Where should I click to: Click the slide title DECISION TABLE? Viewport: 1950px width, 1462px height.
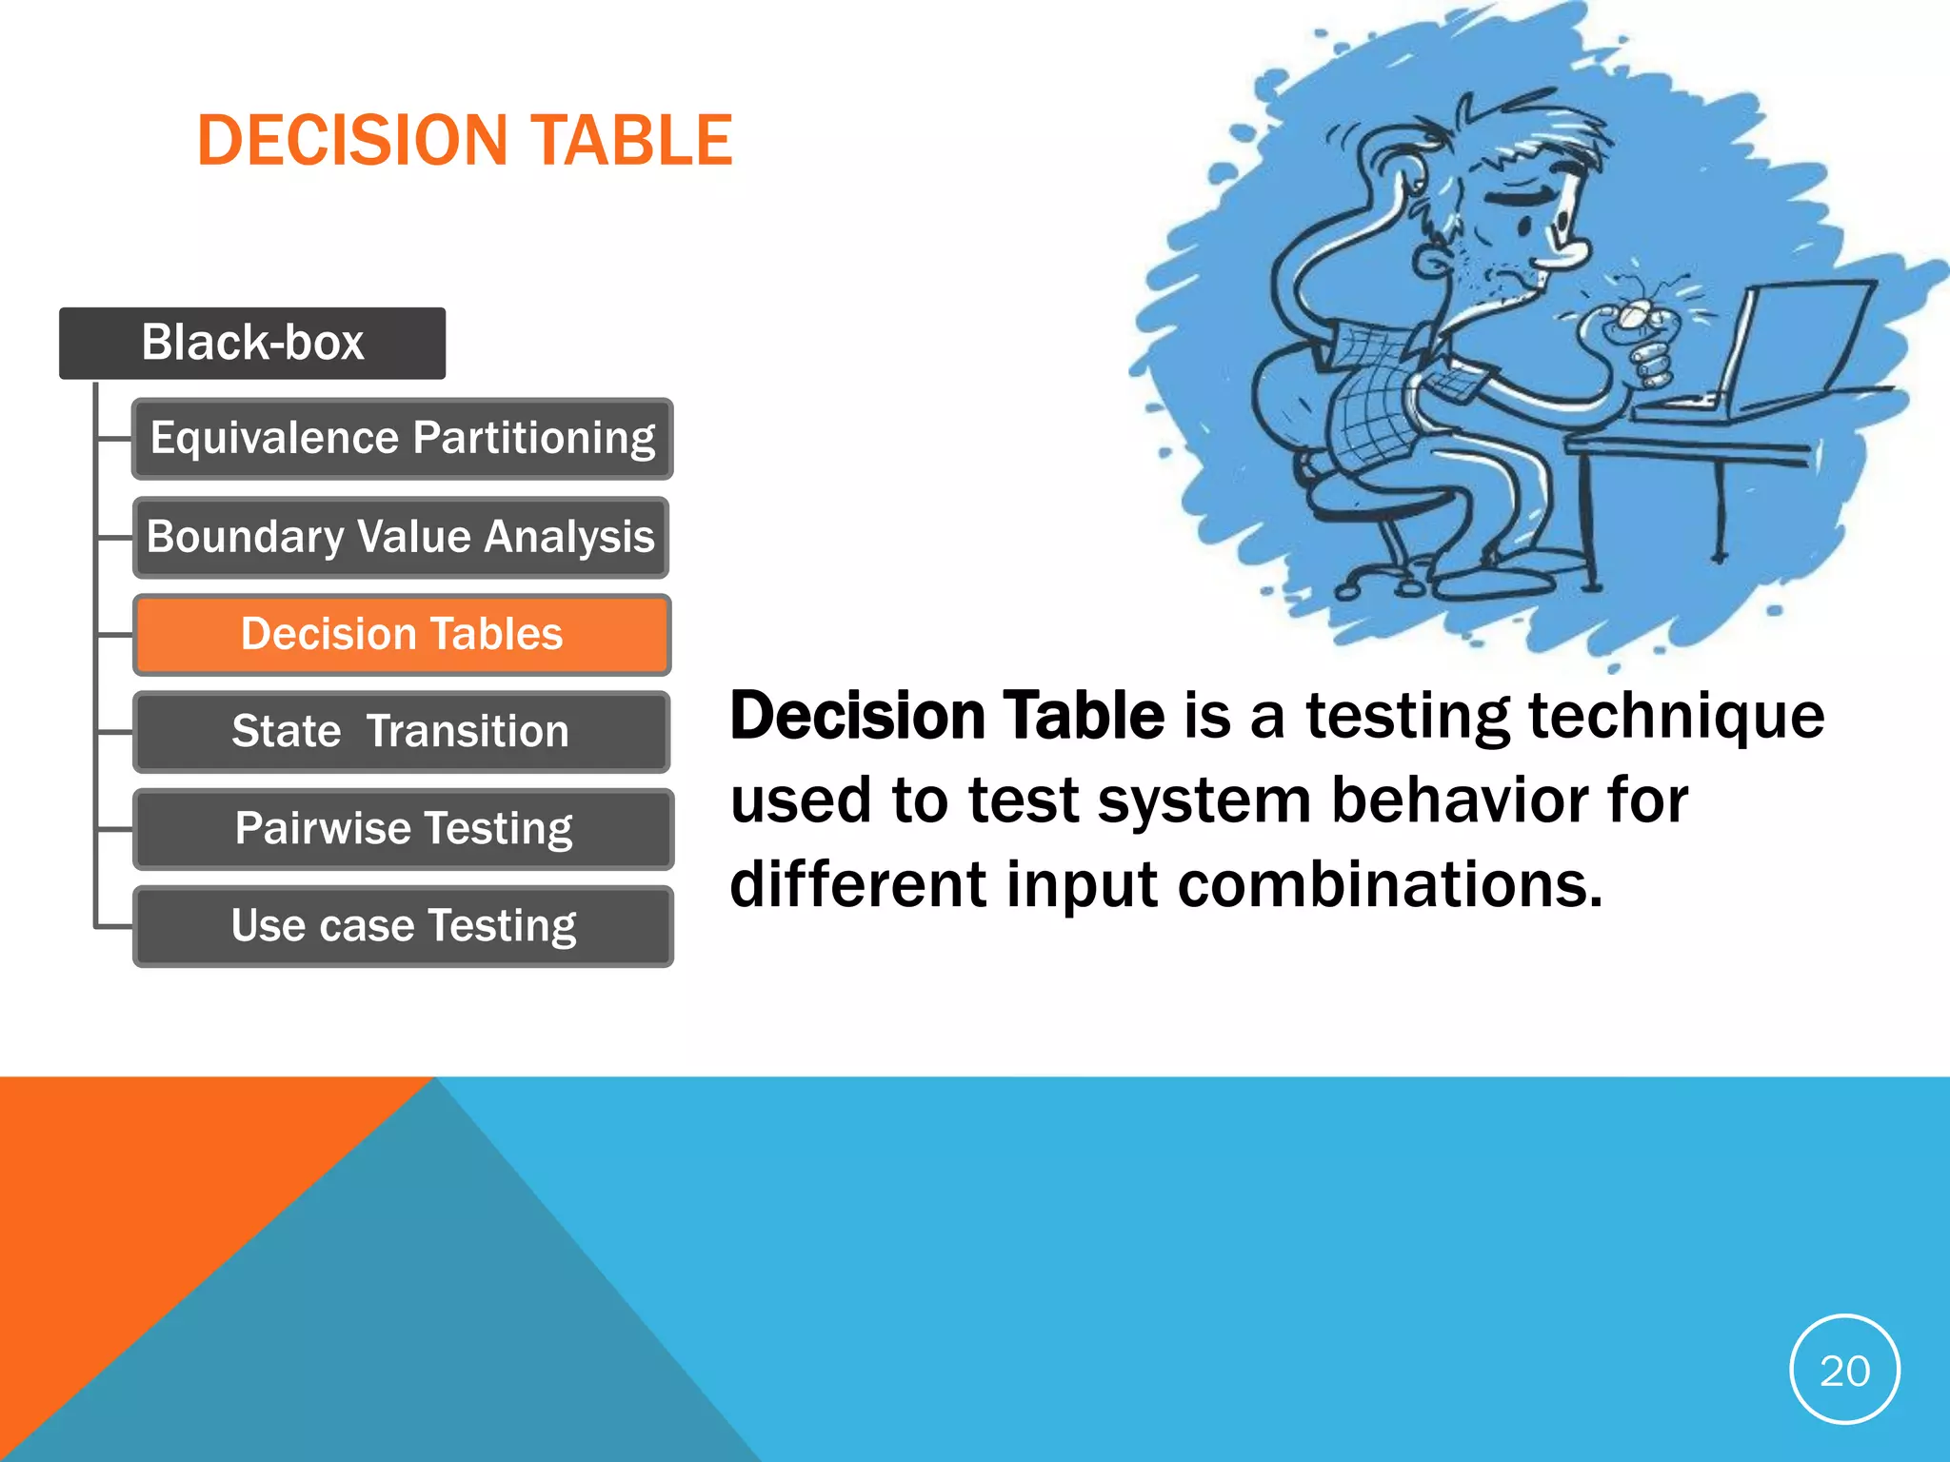tap(465, 141)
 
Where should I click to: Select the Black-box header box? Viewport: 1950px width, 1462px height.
tap(252, 343)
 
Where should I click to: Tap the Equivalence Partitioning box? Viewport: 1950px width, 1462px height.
tap(403, 439)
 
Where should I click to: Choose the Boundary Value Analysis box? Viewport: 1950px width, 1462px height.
tap(401, 537)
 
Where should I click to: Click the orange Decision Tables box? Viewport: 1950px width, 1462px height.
tap(402, 635)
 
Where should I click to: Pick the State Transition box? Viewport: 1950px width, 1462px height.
tap(401, 732)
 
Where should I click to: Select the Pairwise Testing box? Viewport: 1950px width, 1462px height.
tap(404, 829)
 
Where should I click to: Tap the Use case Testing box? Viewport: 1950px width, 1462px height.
tap(404, 926)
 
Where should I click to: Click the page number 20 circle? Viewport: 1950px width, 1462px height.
tap(1844, 1370)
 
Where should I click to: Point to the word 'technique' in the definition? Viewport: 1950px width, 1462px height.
tap(1676, 716)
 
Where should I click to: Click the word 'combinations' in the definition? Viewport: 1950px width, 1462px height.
tap(1390, 885)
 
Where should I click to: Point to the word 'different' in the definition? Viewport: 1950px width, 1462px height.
tap(857, 885)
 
